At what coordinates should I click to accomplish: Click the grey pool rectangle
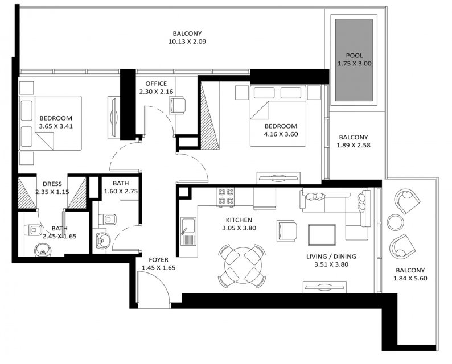tap(354, 60)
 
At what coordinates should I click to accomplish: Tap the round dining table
tap(242, 266)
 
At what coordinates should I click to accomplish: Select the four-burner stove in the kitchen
tap(225, 196)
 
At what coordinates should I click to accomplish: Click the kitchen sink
tap(188, 231)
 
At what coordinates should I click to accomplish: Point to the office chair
tap(176, 105)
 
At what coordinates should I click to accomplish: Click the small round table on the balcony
tap(395, 222)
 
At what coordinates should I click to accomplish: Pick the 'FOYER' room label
tap(158, 260)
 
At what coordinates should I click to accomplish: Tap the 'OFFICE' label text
tap(156, 84)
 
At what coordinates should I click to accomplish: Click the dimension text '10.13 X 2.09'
tap(187, 42)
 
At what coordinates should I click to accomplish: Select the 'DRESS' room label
tap(52, 184)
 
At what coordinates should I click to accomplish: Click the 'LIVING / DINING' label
tap(331, 257)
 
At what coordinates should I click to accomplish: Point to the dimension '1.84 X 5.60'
tap(410, 279)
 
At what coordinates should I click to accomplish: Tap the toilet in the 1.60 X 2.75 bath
tap(108, 220)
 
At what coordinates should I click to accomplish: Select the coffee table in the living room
tap(322, 235)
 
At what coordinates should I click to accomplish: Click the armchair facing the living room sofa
tap(286, 231)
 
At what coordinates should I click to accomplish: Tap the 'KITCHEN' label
tap(239, 220)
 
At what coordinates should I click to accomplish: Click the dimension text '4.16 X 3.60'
tap(281, 134)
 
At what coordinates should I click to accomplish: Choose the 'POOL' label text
tap(354, 56)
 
